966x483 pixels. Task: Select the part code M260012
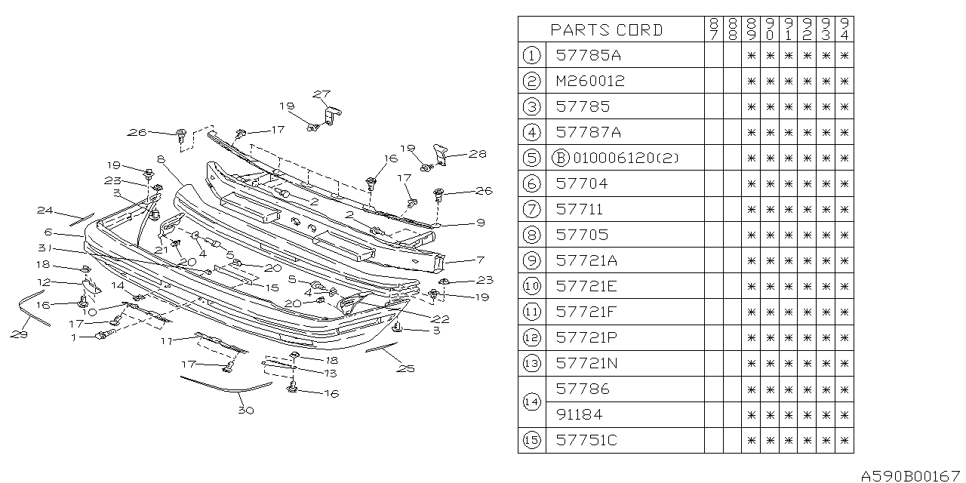click(x=589, y=81)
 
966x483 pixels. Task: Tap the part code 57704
click(x=581, y=183)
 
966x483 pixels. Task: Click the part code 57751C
click(x=586, y=440)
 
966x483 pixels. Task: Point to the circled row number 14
click(x=531, y=402)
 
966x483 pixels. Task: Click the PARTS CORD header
click(x=607, y=30)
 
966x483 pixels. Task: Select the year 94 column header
click(x=844, y=29)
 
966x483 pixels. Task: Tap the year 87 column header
click(x=713, y=29)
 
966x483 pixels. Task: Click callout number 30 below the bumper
click(x=245, y=411)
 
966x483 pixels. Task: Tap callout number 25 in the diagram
click(x=406, y=368)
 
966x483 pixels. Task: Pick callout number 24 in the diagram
click(x=45, y=211)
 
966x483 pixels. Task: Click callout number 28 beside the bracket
click(x=476, y=153)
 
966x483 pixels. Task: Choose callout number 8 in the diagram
click(x=161, y=160)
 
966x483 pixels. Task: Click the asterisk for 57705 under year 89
click(x=751, y=235)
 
